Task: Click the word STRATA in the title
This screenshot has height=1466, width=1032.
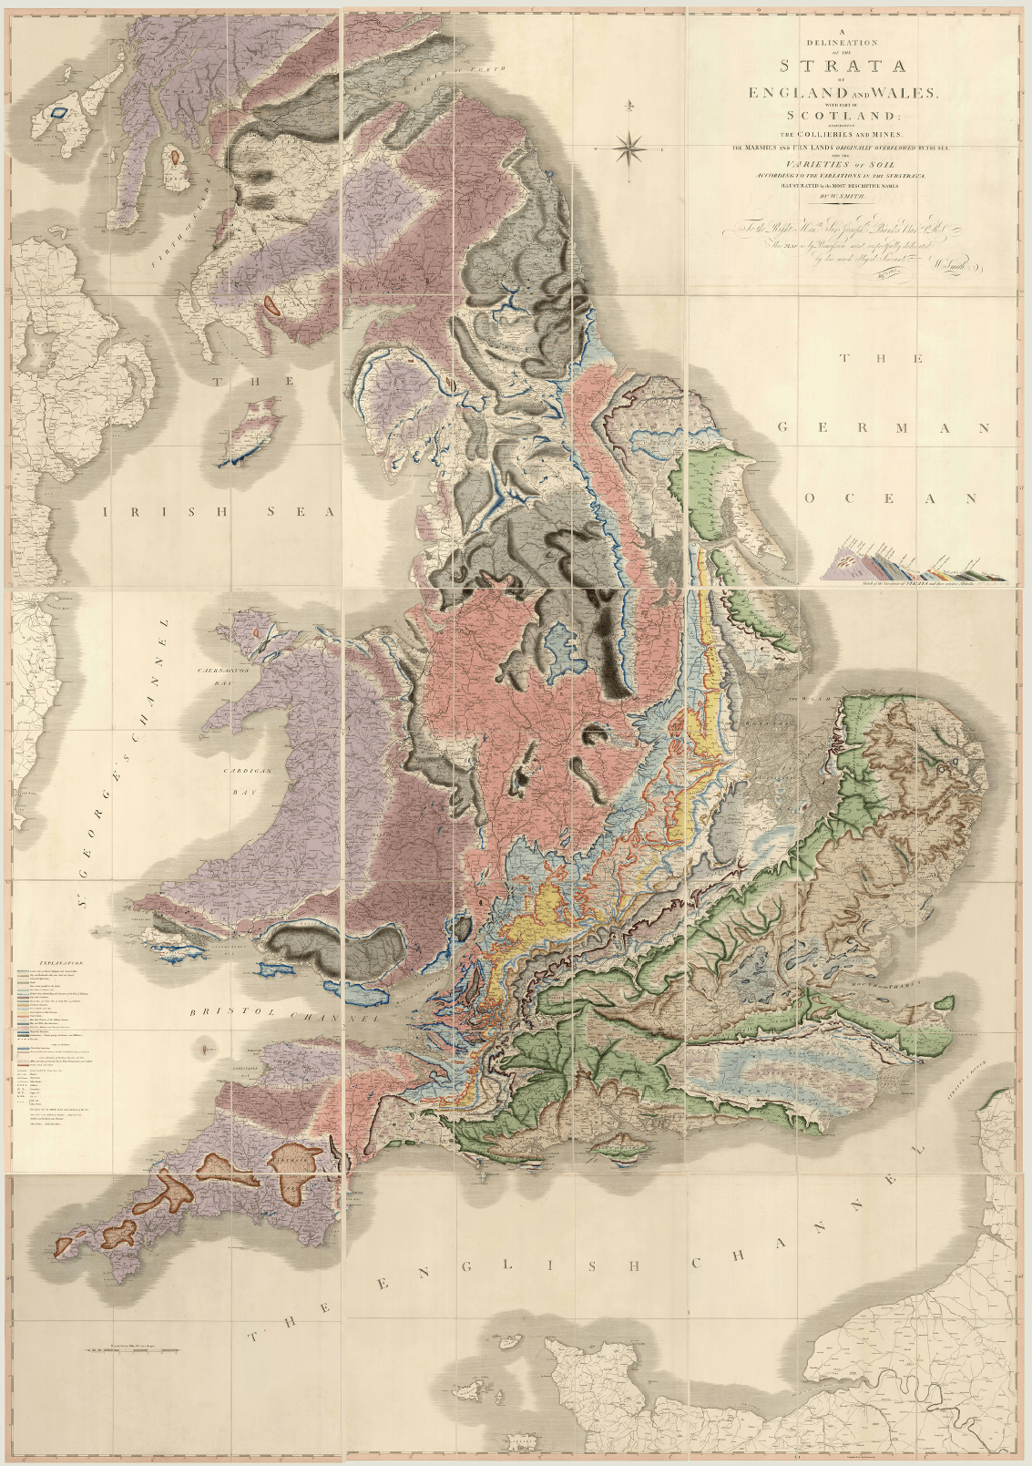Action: click(x=842, y=66)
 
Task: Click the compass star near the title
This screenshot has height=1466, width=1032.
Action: click(x=630, y=146)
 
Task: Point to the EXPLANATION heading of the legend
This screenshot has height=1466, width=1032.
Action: click(x=61, y=961)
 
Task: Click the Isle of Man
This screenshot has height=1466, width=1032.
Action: click(x=252, y=428)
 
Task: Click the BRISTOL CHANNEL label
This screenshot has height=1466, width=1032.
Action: click(x=283, y=1015)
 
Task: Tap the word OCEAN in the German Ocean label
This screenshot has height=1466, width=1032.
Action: click(x=890, y=498)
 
